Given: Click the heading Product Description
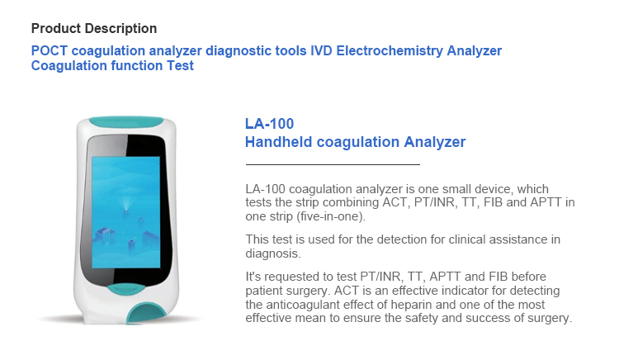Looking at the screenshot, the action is [94, 28].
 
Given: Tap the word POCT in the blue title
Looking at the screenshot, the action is [50, 50].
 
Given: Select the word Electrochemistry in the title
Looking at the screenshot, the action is [390, 50].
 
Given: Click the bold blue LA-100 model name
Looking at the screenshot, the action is [269, 124].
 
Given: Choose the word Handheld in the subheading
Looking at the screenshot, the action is [279, 142].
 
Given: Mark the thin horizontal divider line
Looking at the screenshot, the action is [333, 164].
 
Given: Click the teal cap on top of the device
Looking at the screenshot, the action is [126, 121].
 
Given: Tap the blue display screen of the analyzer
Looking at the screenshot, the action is [126, 212].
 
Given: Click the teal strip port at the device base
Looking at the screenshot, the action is [145, 314].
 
